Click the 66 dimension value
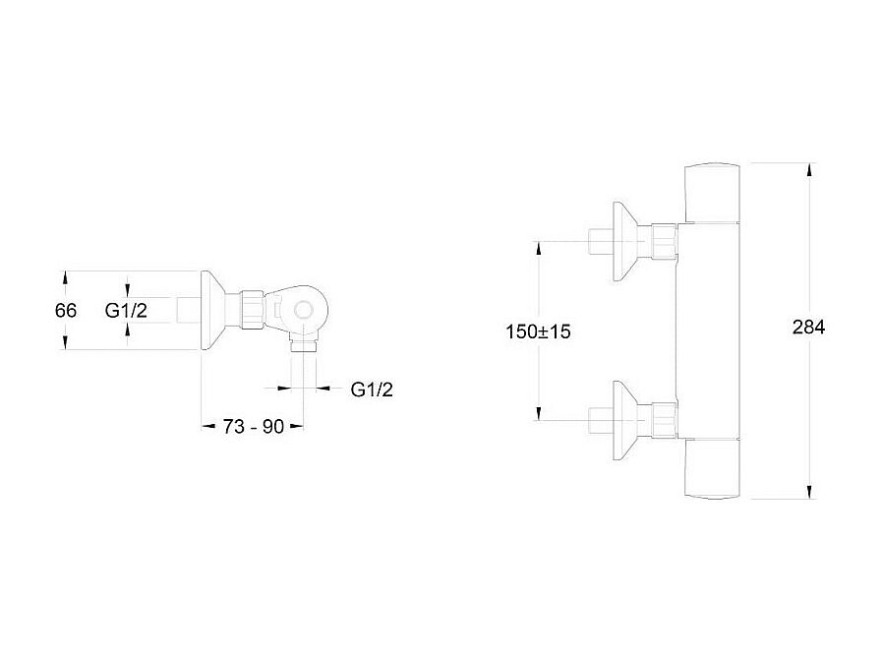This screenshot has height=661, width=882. [x=66, y=310]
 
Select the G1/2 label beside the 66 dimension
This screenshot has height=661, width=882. [x=127, y=310]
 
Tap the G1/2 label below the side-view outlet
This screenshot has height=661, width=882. [x=372, y=389]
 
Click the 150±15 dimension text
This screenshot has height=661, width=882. [x=538, y=331]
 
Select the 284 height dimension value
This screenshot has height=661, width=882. [x=808, y=329]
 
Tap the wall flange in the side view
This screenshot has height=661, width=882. [x=218, y=310]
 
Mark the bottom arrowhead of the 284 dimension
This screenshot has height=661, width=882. [x=808, y=492]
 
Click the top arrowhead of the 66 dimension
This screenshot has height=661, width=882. [x=66, y=278]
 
